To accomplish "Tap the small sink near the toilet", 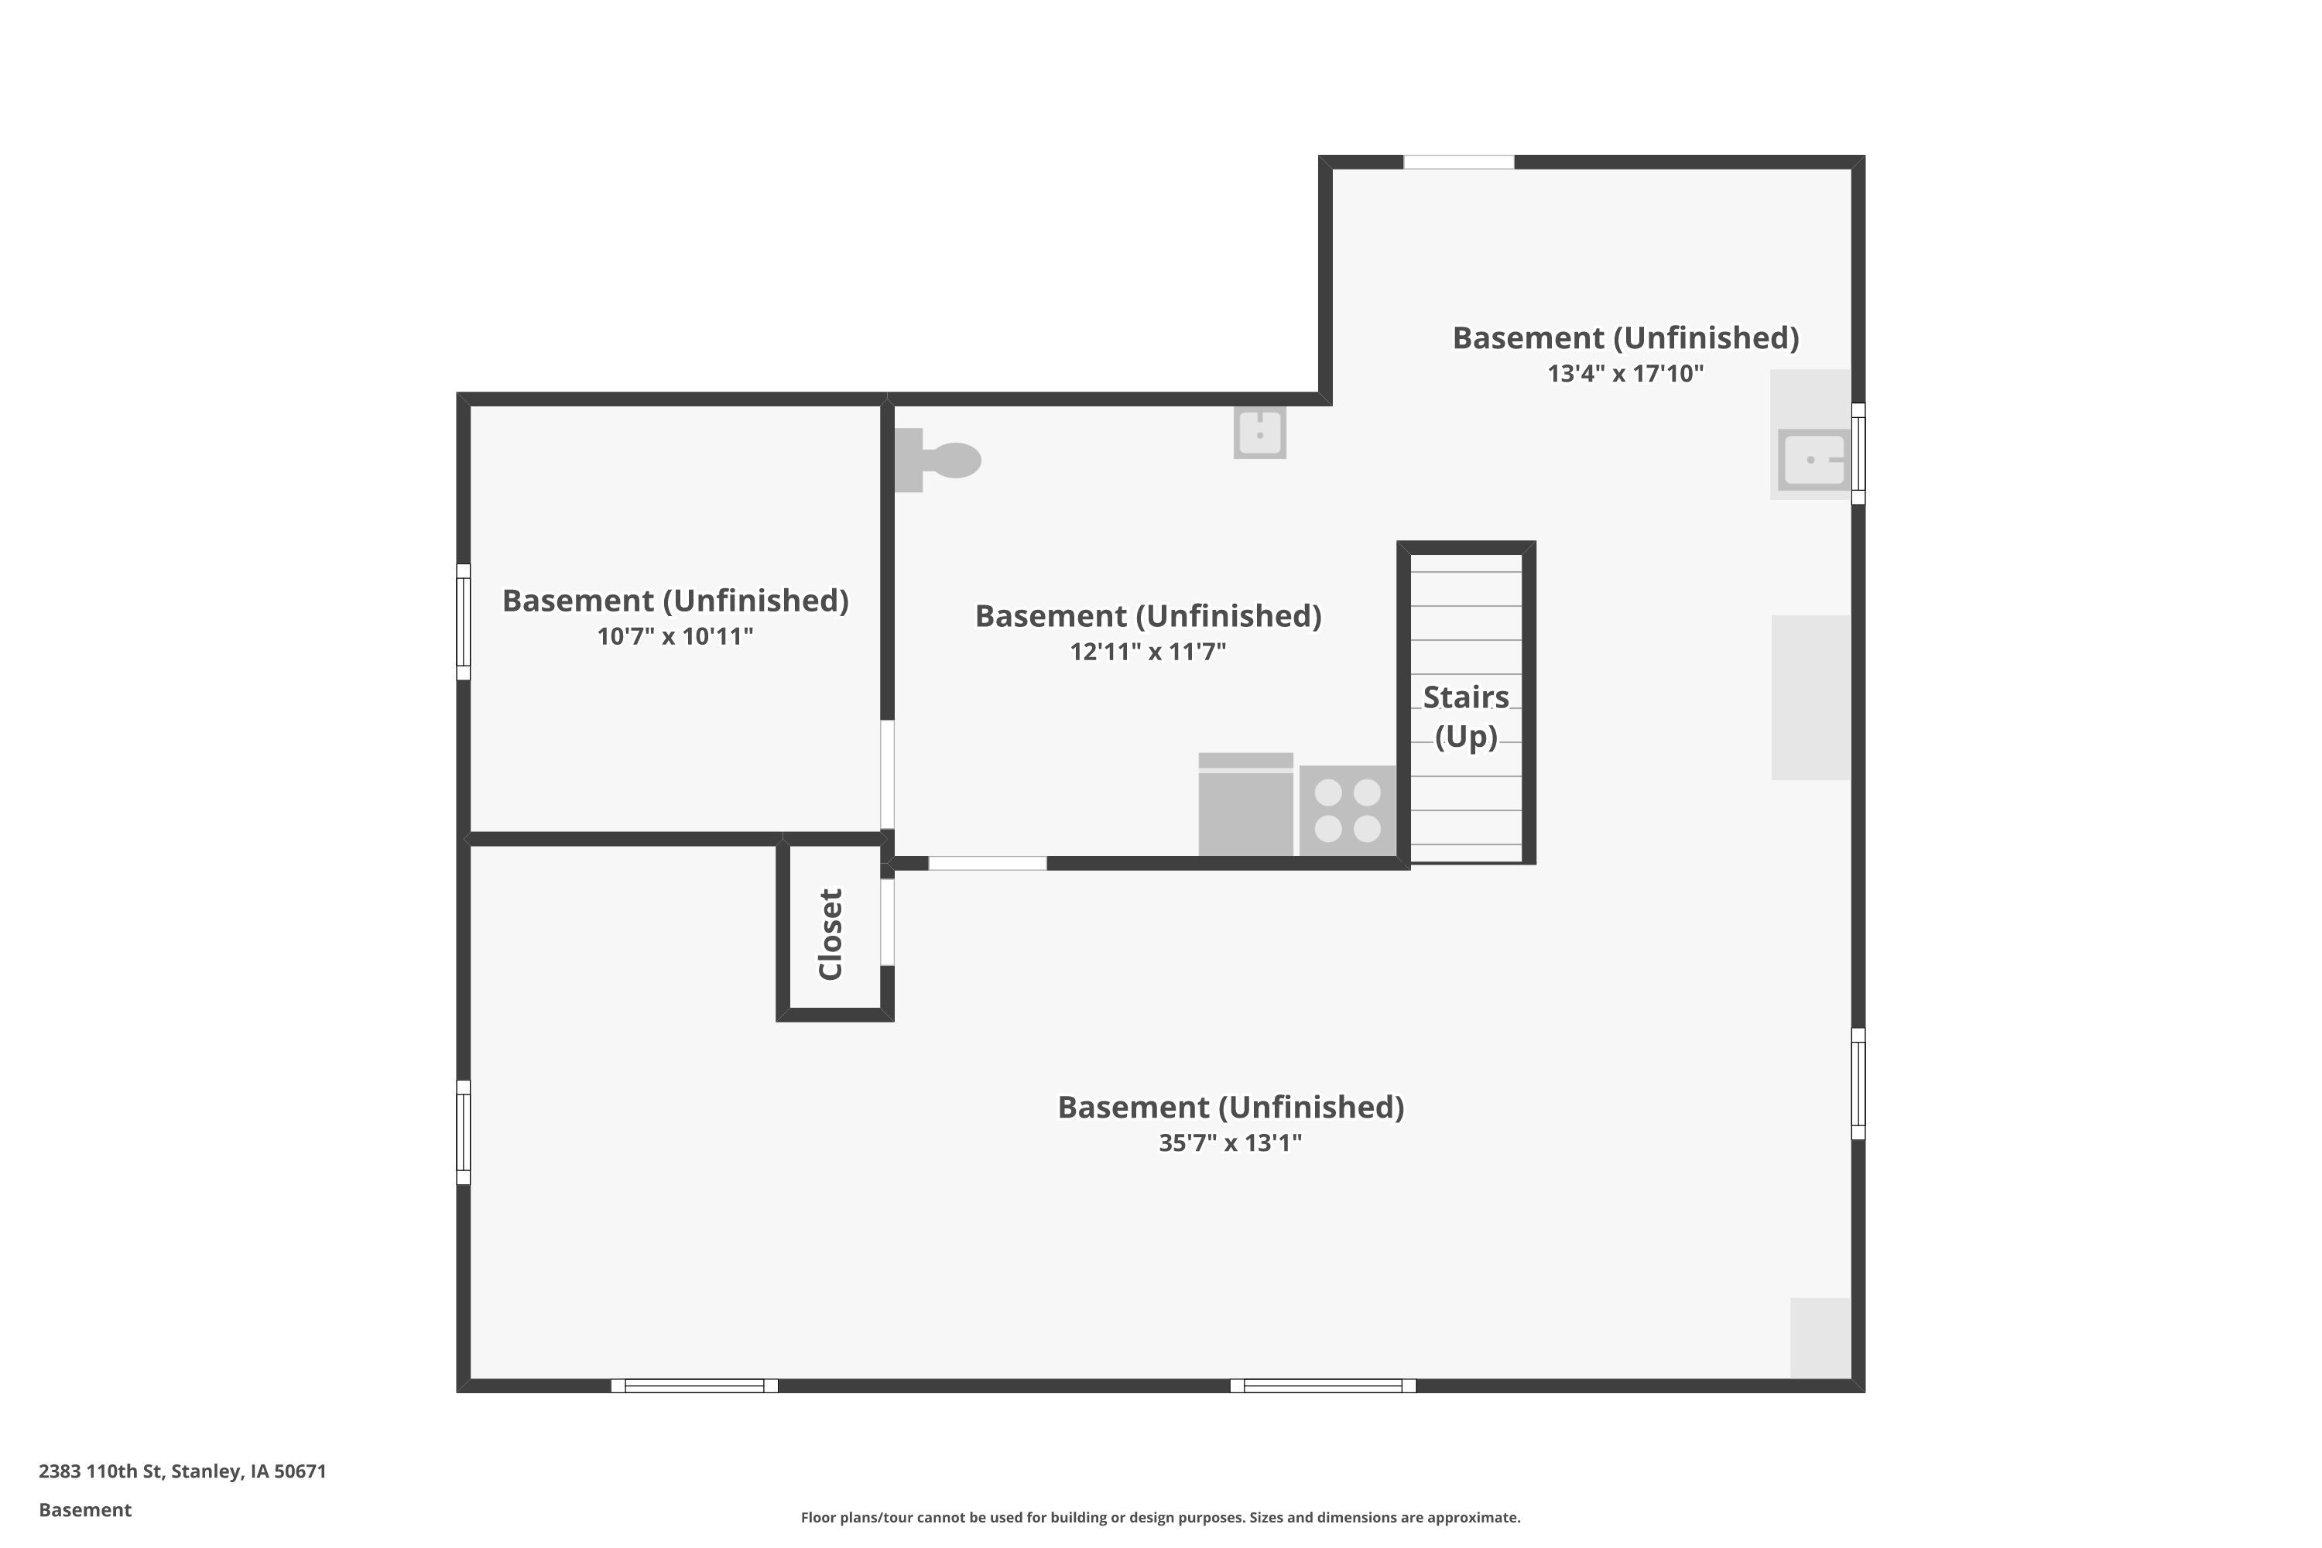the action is tap(1260, 433).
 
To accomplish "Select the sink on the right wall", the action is tap(1813, 459).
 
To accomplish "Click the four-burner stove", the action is tap(1348, 810).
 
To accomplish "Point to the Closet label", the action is tap(831, 934).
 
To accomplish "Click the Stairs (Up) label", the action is tap(1466, 717).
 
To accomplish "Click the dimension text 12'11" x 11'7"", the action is tap(1148, 652).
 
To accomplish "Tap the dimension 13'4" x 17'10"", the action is tap(1626, 373).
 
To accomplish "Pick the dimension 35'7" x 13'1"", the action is tap(1230, 1142).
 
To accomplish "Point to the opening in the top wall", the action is tap(1459, 162).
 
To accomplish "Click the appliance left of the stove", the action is tap(1246, 805).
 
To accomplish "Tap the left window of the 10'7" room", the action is tap(463, 622).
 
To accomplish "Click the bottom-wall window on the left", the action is tap(695, 1386).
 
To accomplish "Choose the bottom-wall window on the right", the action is tap(1323, 1386).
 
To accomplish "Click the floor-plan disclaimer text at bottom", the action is tap(1161, 1517).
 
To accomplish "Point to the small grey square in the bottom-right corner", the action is tap(1820, 1337).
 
